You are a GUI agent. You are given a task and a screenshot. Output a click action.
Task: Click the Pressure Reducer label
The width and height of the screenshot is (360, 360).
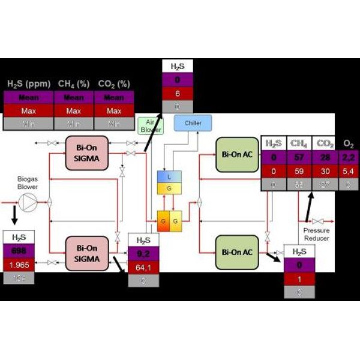tap(316, 234)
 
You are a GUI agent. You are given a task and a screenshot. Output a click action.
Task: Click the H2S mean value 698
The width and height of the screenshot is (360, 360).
tap(19, 250)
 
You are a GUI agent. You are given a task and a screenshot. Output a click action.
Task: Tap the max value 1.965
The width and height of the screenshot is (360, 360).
tap(19, 264)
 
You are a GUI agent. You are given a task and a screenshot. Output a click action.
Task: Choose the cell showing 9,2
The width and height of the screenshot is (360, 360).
tap(143, 254)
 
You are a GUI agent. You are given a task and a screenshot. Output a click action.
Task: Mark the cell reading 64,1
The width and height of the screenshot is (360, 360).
tap(143, 268)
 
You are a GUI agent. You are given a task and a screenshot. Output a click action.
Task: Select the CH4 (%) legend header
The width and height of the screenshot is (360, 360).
tap(74, 83)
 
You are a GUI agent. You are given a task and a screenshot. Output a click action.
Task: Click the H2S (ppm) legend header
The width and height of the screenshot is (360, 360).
tap(28, 83)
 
